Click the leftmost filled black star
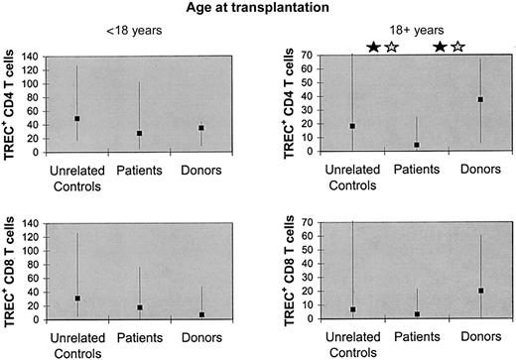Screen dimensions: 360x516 [374, 47]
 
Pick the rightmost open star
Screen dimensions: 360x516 [457, 47]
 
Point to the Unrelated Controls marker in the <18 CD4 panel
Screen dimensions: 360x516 [77, 119]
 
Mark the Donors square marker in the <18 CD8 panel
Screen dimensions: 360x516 [201, 314]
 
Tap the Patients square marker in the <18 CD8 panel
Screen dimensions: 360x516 [140, 307]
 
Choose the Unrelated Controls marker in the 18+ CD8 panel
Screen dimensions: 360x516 [352, 309]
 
